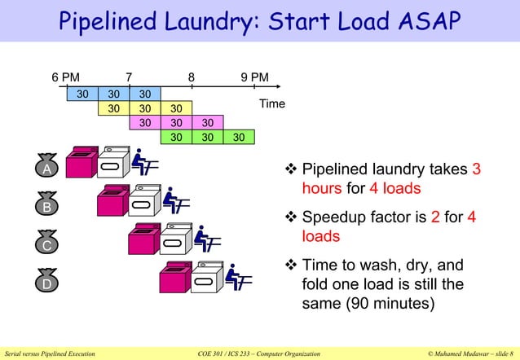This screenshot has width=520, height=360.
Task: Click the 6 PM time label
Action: pyautogui.click(x=66, y=78)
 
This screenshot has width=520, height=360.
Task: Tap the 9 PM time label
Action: pyautogui.click(x=254, y=78)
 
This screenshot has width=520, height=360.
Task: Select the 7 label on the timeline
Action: pyautogui.click(x=129, y=78)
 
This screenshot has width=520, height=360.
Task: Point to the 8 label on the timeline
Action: pyautogui.click(x=191, y=78)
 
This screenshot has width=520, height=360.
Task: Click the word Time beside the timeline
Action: pyautogui.click(x=271, y=104)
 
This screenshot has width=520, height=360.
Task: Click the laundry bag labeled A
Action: pyautogui.click(x=47, y=168)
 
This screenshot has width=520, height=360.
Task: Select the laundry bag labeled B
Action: pyautogui.click(x=47, y=206)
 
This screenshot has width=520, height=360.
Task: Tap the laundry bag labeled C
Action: pyautogui.click(x=47, y=244)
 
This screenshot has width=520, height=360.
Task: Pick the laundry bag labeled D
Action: pyautogui.click(x=47, y=283)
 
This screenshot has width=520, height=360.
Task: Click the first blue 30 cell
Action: pyautogui.click(x=82, y=94)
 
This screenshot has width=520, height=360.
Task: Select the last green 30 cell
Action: pyautogui.click(x=238, y=137)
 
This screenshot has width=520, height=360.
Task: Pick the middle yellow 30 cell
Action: pyautogui.click(x=144, y=108)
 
